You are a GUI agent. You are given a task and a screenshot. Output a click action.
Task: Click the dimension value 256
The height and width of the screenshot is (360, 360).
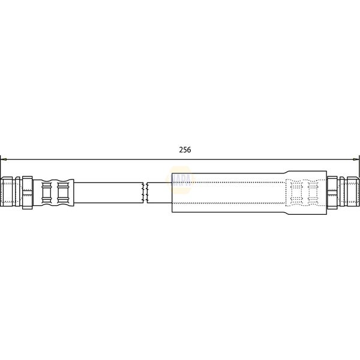[185, 150]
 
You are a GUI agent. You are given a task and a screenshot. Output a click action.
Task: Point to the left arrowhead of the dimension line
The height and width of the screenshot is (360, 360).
[3, 159]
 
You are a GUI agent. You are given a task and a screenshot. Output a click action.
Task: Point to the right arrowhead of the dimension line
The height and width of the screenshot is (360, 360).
[356, 159]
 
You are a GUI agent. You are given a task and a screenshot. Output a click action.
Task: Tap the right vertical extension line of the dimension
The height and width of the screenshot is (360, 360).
[359, 168]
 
